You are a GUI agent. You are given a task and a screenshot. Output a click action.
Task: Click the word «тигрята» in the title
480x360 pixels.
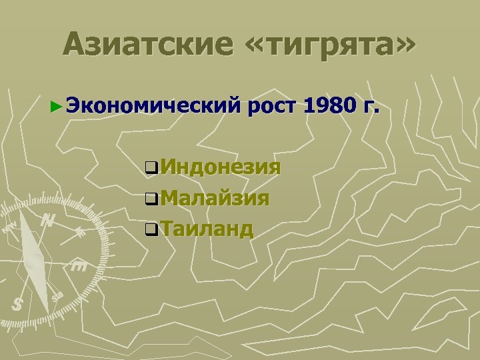[x=327, y=45]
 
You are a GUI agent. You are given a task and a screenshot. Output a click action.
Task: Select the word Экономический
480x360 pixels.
[x=153, y=105]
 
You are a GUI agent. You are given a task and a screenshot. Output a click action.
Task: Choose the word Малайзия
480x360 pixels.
[x=214, y=197]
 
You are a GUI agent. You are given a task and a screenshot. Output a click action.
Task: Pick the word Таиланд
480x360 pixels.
[x=206, y=229]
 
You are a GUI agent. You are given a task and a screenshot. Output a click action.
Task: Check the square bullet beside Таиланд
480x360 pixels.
[x=151, y=230]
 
